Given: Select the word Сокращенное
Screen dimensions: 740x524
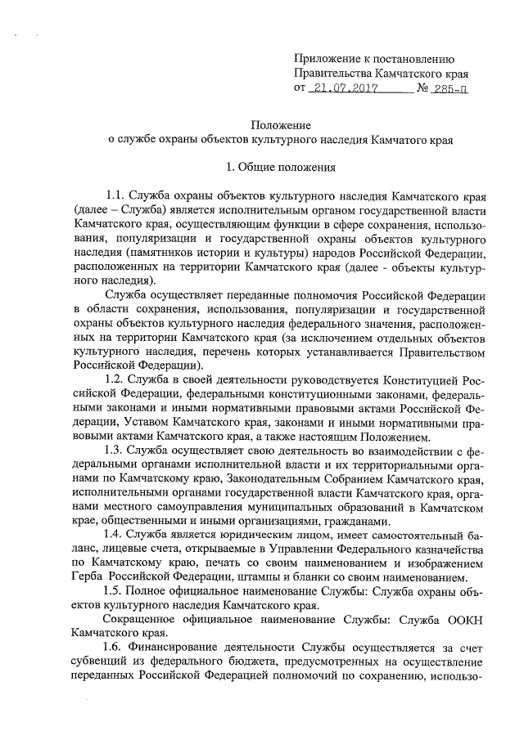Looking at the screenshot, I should [x=144, y=618].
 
